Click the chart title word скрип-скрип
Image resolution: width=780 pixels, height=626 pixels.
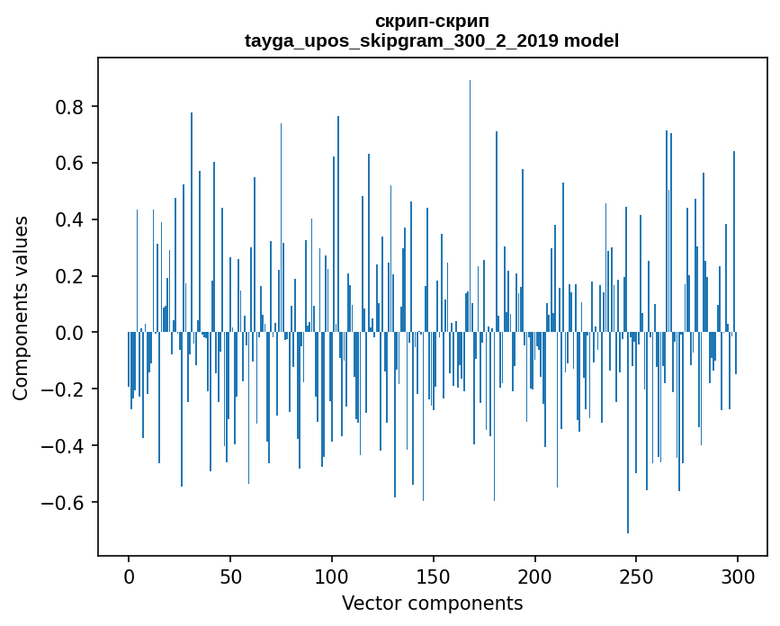[x=432, y=22]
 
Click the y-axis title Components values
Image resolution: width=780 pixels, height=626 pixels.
[x=21, y=308]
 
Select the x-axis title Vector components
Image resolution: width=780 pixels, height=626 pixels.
[x=432, y=603]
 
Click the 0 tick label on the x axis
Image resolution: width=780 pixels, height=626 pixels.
[x=129, y=576]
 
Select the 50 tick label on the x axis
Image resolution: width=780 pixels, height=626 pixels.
[x=230, y=576]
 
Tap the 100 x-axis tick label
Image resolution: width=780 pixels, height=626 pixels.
[x=332, y=576]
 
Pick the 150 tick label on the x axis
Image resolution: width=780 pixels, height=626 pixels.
[x=434, y=576]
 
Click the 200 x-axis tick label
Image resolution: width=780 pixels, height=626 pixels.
[x=535, y=576]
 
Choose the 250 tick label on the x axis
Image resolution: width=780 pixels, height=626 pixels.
[x=637, y=576]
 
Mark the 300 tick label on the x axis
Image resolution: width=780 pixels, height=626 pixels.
[x=738, y=576]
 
